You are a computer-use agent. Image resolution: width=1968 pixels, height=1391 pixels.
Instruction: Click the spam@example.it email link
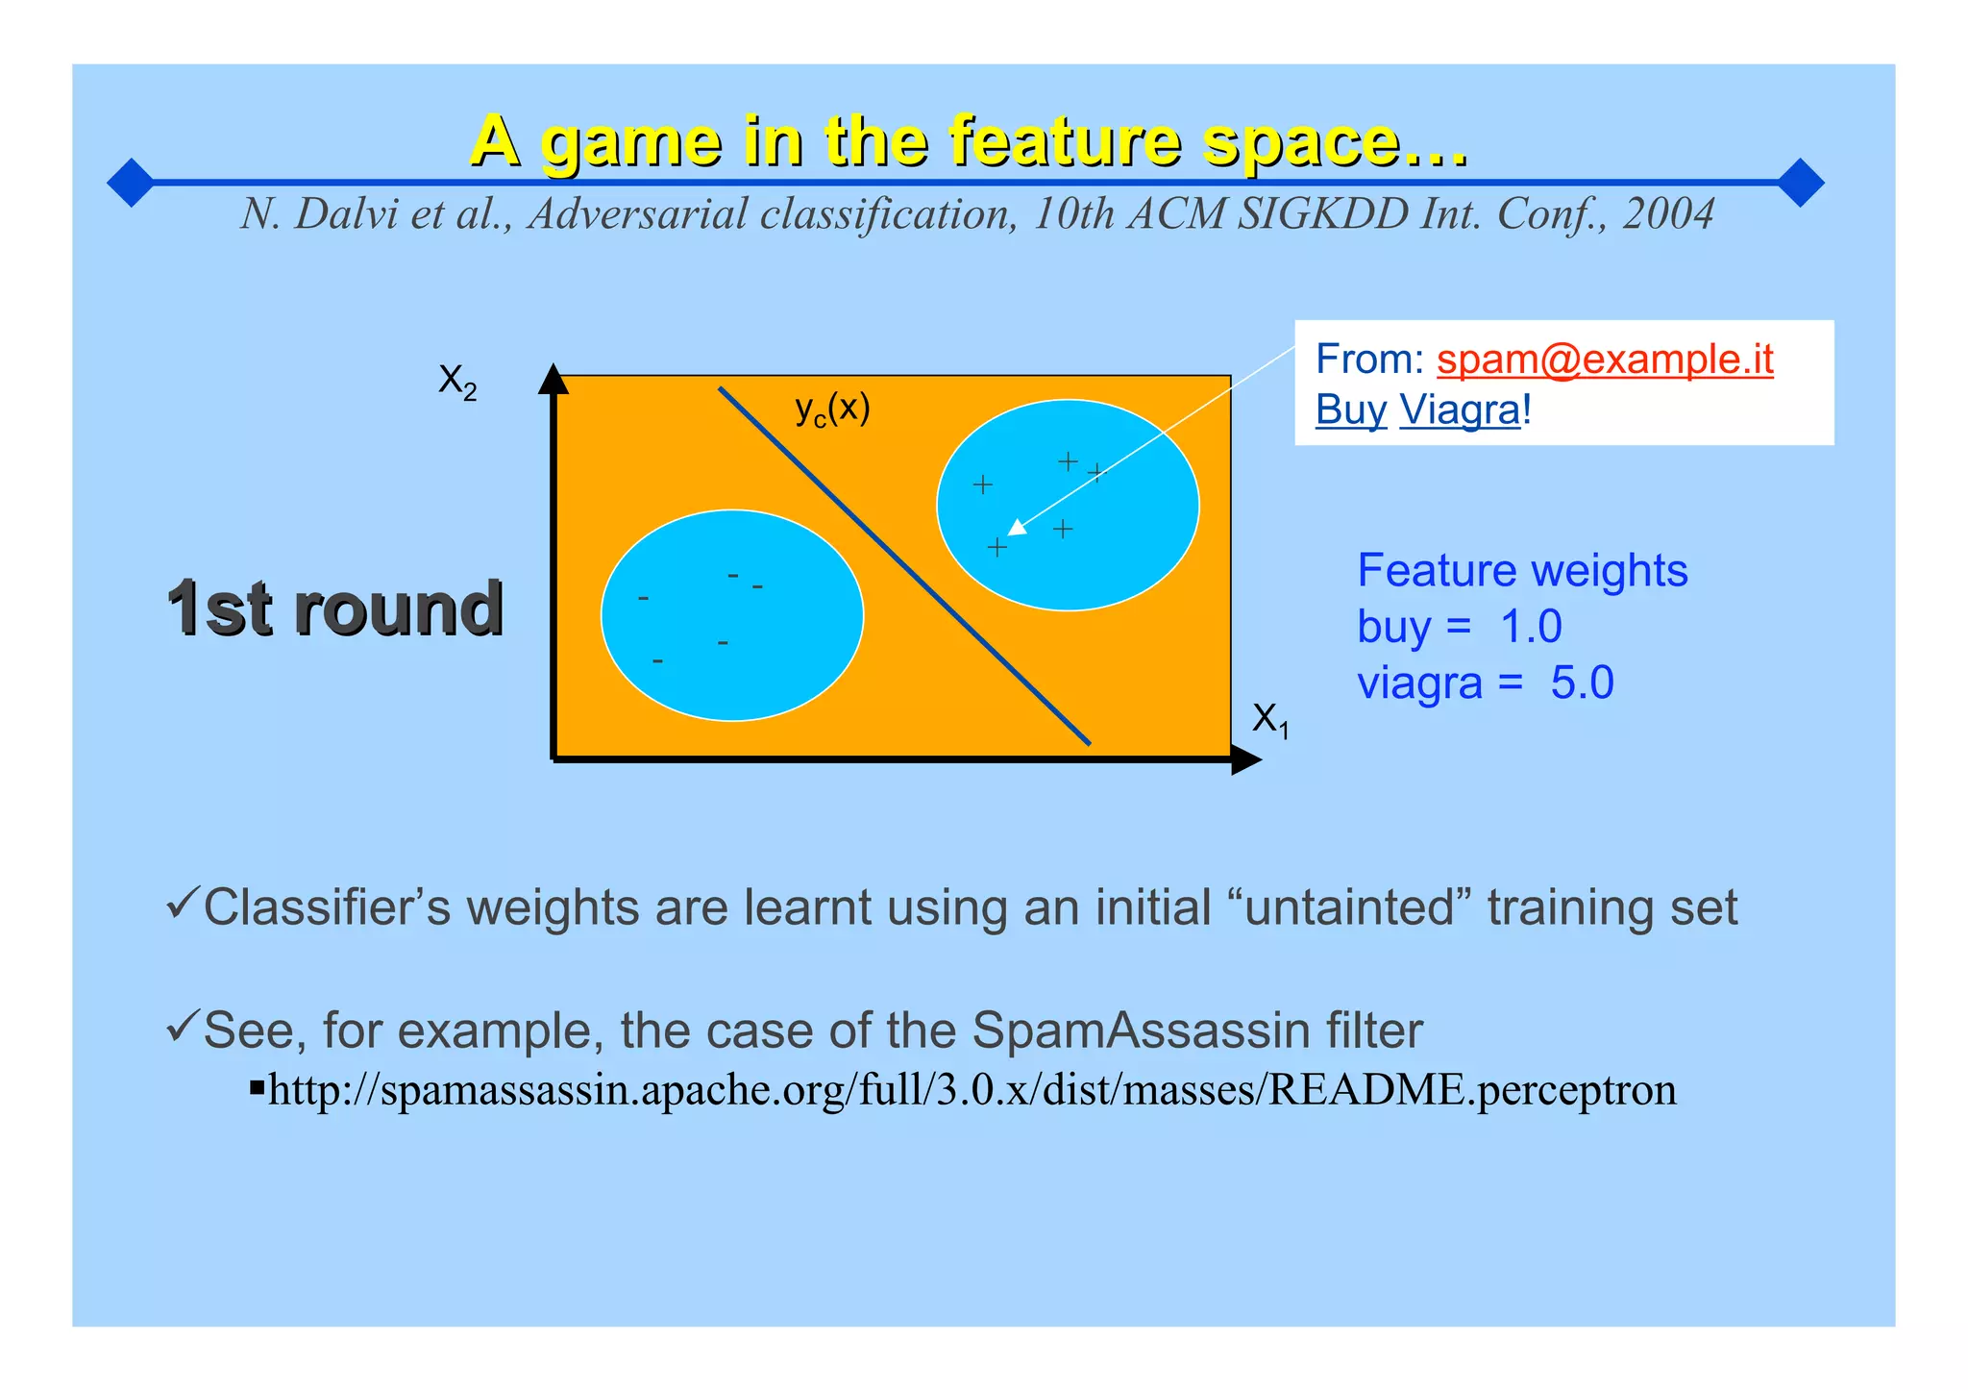point(1604,360)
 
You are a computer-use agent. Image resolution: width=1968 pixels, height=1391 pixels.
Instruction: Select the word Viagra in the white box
point(1460,410)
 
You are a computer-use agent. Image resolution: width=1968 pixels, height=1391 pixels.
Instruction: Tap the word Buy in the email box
point(1350,410)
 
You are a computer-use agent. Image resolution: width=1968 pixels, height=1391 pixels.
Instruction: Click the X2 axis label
point(457,382)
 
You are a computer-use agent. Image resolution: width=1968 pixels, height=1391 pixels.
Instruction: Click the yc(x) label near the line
point(832,410)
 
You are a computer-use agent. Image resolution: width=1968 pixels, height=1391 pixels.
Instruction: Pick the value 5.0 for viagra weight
point(1582,683)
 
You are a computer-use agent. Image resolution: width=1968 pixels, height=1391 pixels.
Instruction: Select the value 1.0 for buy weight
point(1531,627)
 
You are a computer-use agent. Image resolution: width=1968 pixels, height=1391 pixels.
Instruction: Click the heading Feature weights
point(1522,570)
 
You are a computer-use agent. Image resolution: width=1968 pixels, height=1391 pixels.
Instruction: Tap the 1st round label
point(335,609)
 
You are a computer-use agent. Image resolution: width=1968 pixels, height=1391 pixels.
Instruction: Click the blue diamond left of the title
point(131,182)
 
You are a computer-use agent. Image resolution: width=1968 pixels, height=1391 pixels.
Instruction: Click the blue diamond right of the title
point(1801,182)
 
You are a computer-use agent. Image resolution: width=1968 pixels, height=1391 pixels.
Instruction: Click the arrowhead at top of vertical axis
point(553,380)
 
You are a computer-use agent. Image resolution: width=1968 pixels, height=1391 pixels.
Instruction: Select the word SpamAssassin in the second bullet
point(1143,1031)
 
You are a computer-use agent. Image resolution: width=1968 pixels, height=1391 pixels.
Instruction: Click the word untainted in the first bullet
point(1350,907)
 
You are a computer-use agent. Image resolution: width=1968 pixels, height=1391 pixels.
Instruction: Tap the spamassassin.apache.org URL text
point(972,1090)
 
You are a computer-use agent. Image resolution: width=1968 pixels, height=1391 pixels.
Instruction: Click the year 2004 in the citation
point(1668,213)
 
